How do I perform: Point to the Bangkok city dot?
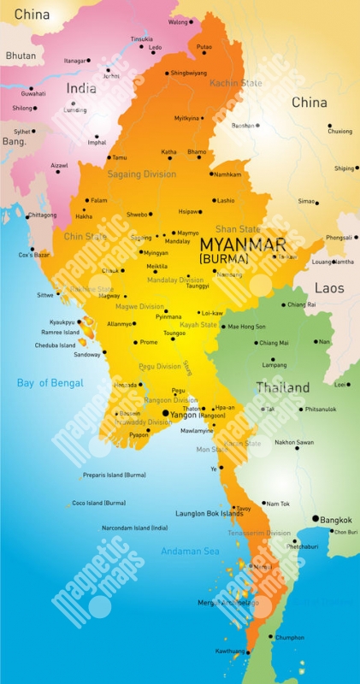316,519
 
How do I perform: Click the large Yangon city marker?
165,414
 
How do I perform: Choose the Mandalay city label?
177,241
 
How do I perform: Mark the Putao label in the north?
204,46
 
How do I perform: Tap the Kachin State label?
237,83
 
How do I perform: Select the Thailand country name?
282,387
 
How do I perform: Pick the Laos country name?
329,288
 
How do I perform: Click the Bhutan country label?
21,55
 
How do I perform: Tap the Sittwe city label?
45,295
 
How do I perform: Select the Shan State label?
237,229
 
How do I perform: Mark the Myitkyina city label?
186,118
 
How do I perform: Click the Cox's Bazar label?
34,255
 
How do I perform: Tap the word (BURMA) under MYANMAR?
223,258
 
